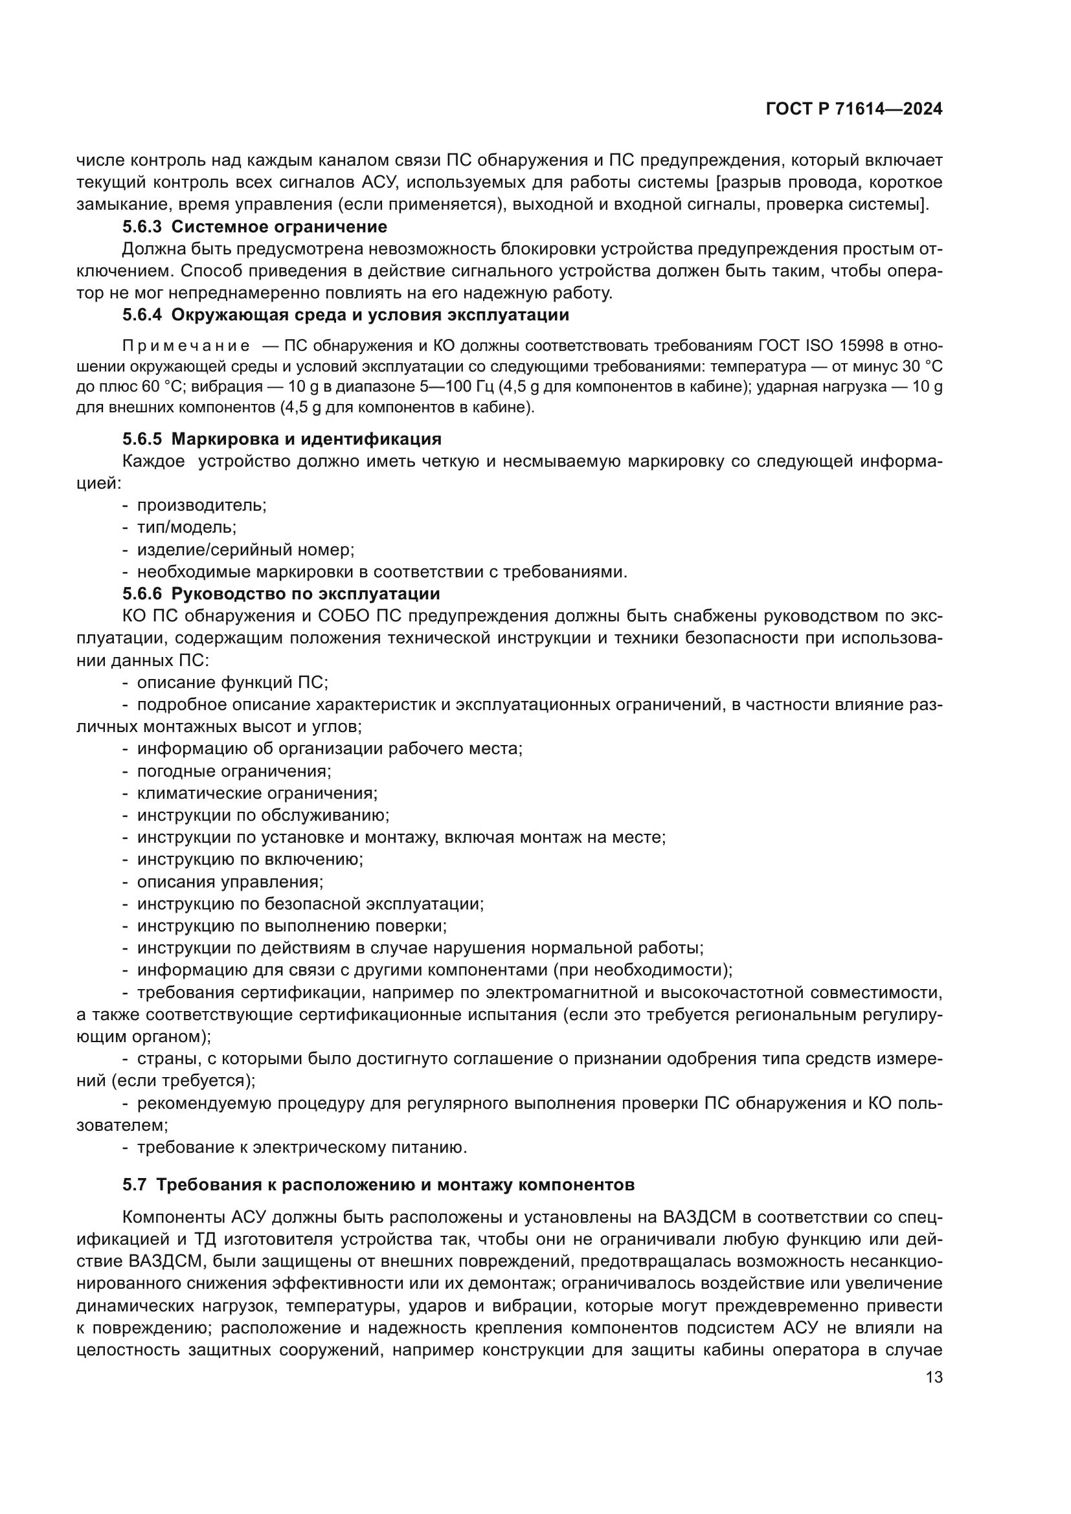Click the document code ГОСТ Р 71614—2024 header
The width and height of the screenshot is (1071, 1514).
(854, 109)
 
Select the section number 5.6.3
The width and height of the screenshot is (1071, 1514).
(142, 227)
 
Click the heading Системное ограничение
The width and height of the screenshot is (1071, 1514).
(279, 227)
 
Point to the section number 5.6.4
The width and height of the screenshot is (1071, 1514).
(142, 315)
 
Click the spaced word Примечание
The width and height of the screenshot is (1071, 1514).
(186, 346)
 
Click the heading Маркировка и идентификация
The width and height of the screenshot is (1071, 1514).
(306, 439)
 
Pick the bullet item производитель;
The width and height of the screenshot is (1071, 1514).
(201, 506)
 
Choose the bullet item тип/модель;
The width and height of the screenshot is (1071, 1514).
(186, 528)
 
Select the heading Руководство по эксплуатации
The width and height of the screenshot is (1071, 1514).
(306, 594)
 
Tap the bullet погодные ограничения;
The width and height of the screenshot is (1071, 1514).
(234, 772)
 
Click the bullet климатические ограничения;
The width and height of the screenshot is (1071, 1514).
(256, 794)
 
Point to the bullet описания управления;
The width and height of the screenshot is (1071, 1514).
(229, 882)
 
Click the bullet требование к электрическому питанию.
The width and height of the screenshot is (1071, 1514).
(301, 1148)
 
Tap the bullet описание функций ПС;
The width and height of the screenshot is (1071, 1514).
(232, 682)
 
